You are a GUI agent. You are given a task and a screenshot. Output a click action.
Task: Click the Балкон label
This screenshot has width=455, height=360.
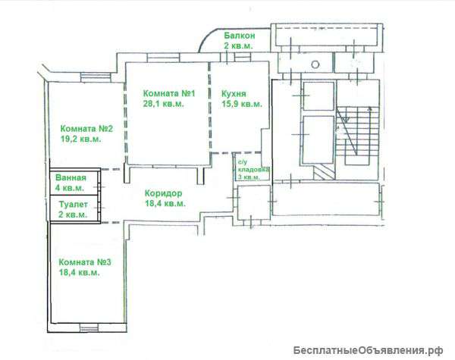240,36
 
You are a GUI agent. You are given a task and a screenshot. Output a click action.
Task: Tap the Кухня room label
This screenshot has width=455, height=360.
234,94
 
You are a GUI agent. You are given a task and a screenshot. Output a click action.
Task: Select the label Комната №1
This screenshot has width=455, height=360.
169,93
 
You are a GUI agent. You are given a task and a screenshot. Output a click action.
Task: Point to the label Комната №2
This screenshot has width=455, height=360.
86,129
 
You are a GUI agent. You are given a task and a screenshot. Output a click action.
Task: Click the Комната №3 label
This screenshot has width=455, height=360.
85,262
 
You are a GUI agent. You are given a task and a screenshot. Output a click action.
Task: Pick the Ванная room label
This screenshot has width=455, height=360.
71,177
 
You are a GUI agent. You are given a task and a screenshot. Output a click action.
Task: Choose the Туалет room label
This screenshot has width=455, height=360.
73,205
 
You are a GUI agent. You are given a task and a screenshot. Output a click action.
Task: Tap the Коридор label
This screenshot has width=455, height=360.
164,193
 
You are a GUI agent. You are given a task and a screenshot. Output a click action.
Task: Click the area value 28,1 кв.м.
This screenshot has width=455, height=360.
163,104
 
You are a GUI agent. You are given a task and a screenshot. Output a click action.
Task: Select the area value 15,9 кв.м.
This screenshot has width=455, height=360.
242,104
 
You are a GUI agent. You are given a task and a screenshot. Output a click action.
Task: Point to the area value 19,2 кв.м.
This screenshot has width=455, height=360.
81,139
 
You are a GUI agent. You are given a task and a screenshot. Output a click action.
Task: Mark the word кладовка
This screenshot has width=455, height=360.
253,170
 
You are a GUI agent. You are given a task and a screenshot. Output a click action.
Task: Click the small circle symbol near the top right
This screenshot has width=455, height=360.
315,64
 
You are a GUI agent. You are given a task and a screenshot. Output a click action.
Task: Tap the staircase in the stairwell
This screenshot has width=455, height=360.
359,136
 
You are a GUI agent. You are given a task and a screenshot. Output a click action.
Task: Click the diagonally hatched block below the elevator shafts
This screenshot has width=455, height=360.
325,172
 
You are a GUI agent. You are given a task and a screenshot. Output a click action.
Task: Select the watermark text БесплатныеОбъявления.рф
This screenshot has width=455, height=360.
368,350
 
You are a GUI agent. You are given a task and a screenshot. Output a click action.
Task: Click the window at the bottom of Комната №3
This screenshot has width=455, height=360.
89,328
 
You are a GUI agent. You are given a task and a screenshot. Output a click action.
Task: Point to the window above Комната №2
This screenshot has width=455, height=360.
96,77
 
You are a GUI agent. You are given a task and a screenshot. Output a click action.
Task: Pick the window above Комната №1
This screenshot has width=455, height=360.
162,58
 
